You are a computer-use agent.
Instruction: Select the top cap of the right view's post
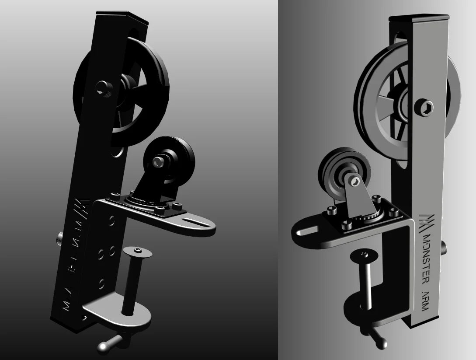click(419, 18)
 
